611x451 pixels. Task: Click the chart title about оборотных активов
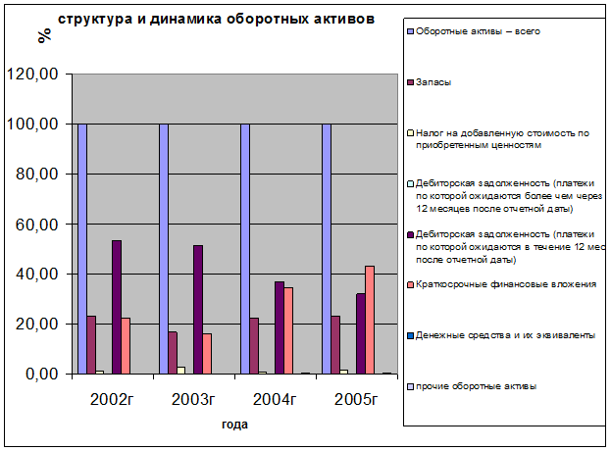215,19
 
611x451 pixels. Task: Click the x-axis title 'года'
233,425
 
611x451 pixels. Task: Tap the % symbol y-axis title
43,36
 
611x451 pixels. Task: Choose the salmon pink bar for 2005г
370,320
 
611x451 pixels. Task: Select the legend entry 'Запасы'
433,81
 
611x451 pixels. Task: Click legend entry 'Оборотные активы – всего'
478,31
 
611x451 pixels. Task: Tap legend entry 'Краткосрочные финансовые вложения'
506,284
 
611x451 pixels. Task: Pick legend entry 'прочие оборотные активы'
476,385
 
